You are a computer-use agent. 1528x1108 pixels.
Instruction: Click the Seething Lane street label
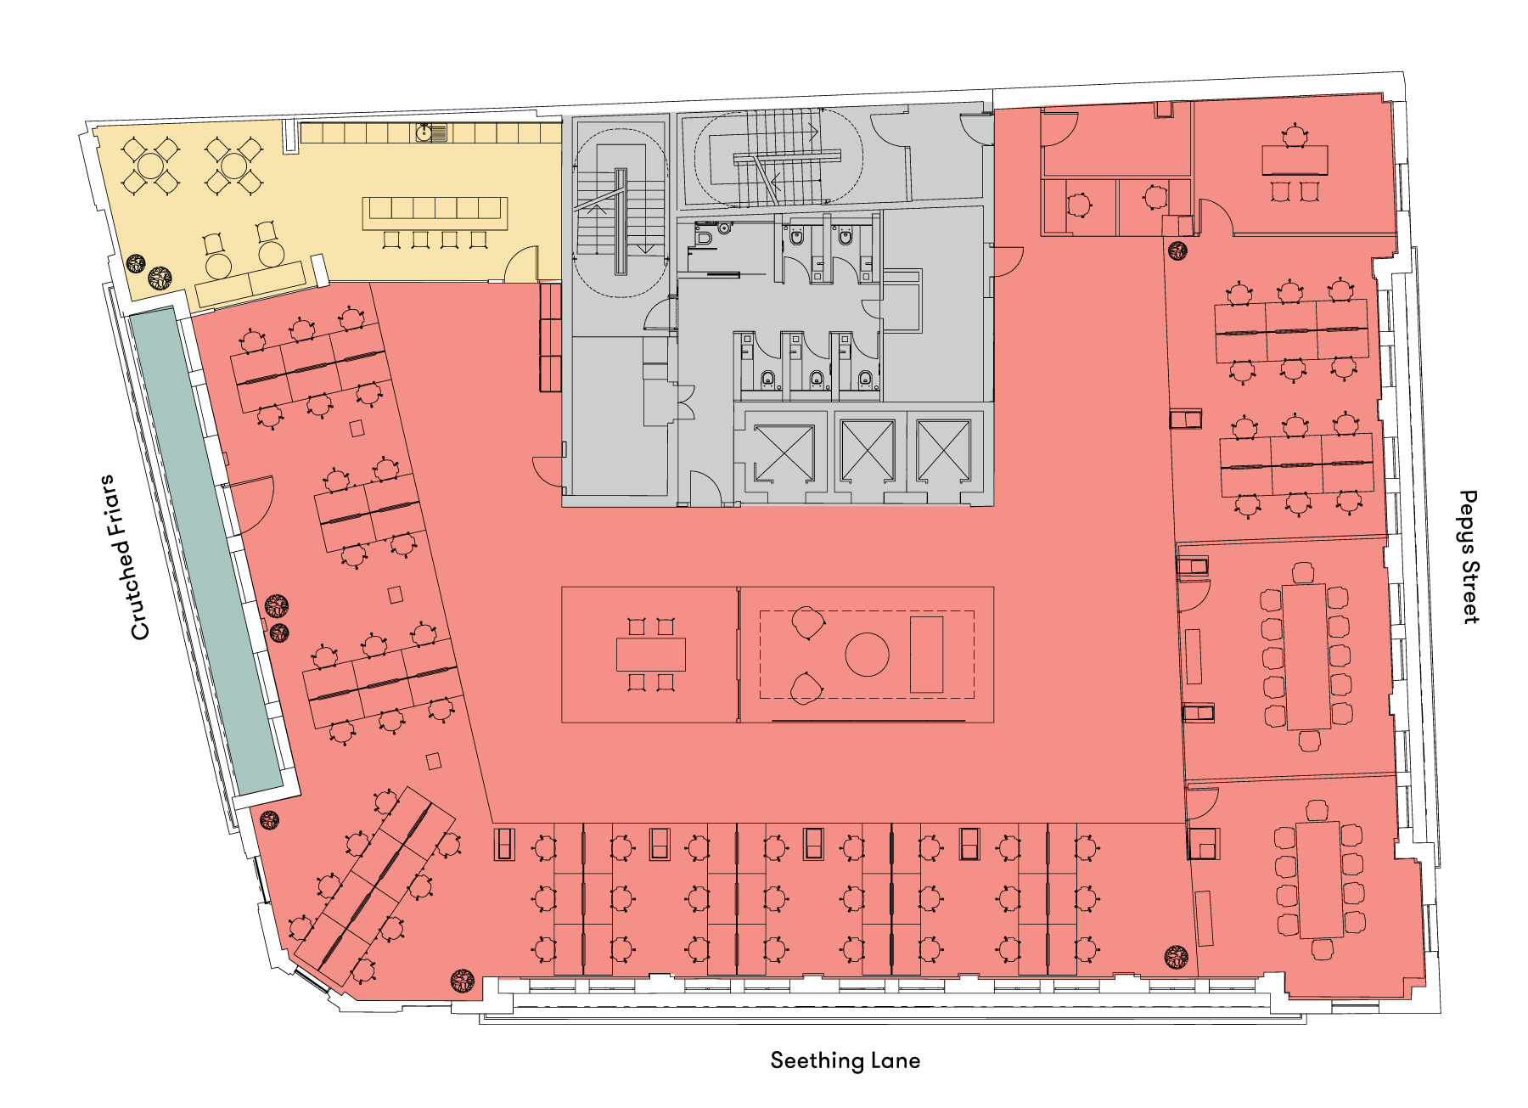tap(845, 1060)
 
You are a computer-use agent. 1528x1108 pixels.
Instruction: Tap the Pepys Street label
tap(1469, 557)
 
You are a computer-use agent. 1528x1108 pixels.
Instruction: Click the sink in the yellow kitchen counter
tap(431, 132)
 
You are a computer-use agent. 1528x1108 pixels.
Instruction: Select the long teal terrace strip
tap(205, 552)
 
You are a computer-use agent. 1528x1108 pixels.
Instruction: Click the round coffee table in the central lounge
tap(867, 655)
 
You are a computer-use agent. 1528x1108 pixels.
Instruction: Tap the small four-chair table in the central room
tap(650, 655)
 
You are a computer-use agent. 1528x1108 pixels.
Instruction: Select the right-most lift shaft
tap(943, 450)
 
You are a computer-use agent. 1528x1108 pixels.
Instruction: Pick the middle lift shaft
tap(867, 450)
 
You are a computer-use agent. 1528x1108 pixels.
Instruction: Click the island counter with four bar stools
tap(435, 213)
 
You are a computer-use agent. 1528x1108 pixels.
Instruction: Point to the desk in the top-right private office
tap(1295, 160)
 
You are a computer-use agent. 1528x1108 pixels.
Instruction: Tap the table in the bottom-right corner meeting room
tap(1318, 880)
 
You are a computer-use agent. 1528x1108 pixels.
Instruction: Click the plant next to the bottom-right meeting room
tap(1176, 957)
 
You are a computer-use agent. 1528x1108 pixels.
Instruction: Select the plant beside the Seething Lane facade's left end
tap(463, 981)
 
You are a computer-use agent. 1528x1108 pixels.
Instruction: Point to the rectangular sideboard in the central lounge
tap(926, 655)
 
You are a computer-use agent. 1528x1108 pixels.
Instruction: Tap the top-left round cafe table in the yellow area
tap(150, 164)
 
